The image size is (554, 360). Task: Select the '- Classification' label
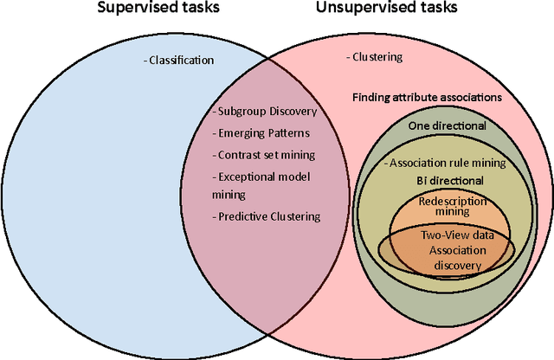coord(177,61)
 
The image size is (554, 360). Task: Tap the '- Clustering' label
coord(377,57)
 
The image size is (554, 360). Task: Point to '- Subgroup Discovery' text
coord(265,112)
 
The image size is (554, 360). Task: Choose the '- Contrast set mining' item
coord(264,155)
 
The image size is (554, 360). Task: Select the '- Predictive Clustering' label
coord(267,216)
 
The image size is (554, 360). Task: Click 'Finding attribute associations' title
coord(427,98)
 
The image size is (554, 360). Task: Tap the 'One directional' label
coord(447,125)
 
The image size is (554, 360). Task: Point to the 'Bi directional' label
coord(447,180)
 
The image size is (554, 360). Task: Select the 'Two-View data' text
coord(447,235)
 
